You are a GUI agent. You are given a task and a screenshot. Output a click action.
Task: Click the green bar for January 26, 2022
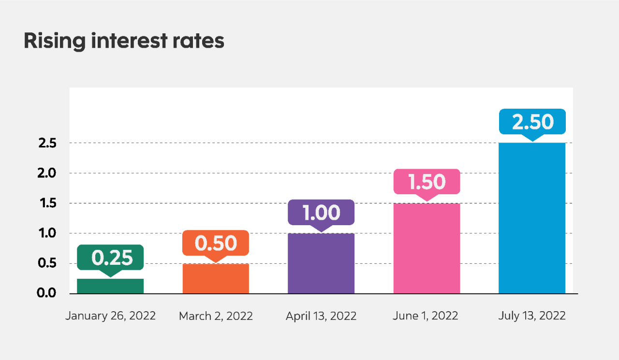click(x=110, y=286)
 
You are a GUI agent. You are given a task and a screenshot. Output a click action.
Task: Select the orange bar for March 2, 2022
click(x=216, y=279)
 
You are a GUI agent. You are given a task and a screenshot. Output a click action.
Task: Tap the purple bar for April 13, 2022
click(x=321, y=263)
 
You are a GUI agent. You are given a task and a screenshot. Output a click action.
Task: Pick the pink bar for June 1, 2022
click(x=427, y=248)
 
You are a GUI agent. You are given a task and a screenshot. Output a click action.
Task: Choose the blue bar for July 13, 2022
click(x=532, y=218)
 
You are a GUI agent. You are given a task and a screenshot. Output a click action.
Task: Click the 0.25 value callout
click(x=110, y=258)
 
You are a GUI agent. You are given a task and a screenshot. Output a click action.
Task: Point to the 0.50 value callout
click(x=216, y=243)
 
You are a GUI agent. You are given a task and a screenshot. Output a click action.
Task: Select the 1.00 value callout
click(x=321, y=213)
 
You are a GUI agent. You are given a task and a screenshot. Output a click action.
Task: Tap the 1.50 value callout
click(x=427, y=182)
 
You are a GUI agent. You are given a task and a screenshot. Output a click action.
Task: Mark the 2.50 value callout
click(x=532, y=122)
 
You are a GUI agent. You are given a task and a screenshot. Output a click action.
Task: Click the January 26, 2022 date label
click(x=110, y=316)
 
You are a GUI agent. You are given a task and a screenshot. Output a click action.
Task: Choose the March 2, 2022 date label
click(x=216, y=316)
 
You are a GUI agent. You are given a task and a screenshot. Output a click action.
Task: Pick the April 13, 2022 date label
click(x=321, y=316)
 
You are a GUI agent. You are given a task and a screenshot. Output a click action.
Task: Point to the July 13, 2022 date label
click(x=532, y=316)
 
